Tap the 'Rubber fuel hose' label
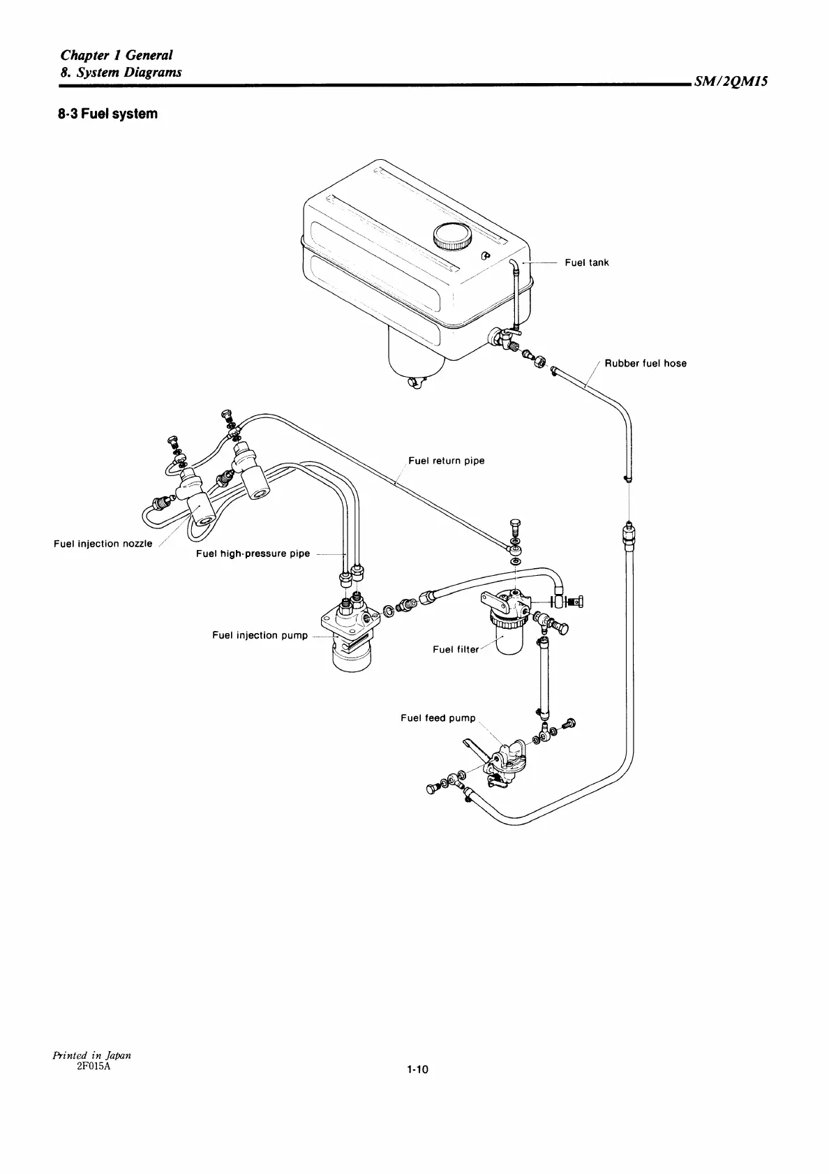coord(645,364)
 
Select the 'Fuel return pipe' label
coord(446,461)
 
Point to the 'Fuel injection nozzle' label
coord(103,544)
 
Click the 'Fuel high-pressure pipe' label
coord(253,553)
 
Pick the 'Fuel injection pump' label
coord(260,635)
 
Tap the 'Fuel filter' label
coord(456,649)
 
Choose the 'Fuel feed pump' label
coord(438,718)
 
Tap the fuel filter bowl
coord(508,639)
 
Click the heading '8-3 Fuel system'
coord(108,113)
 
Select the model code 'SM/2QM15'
coord(731,82)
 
